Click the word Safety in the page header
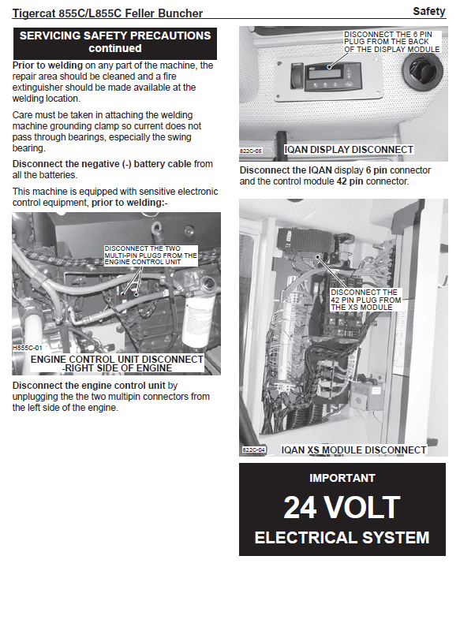pyautogui.click(x=429, y=11)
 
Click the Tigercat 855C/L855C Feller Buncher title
pyautogui.click(x=107, y=13)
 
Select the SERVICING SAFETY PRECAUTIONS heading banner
pyautogui.click(x=114, y=43)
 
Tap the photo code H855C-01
pyautogui.click(x=28, y=348)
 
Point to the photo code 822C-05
pyautogui.click(x=251, y=151)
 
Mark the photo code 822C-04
pyautogui.click(x=253, y=450)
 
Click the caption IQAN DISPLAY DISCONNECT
pyautogui.click(x=349, y=150)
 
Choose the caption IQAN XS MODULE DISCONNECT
pyautogui.click(x=353, y=450)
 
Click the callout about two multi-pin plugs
pyautogui.click(x=151, y=256)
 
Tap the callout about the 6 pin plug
pyautogui.click(x=392, y=42)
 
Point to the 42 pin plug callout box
pyautogui.click(x=365, y=300)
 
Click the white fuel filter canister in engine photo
pyautogui.click(x=198, y=319)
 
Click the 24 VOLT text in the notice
pyautogui.click(x=342, y=507)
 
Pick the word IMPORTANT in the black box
pyautogui.click(x=342, y=478)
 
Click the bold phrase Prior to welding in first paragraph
pyautogui.click(x=47, y=65)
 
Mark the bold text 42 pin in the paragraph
pyautogui.click(x=350, y=181)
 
